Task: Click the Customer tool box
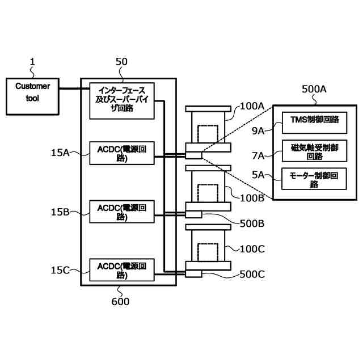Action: point(32,95)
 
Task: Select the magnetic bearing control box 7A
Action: point(314,151)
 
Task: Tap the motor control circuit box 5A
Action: point(314,180)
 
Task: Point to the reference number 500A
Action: point(314,89)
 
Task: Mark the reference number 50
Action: point(121,61)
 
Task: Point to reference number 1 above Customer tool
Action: point(32,61)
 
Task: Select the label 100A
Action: point(252,106)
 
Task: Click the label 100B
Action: point(252,197)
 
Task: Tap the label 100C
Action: point(252,248)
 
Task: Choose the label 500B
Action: point(252,223)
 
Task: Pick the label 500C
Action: point(252,274)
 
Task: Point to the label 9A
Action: point(258,131)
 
